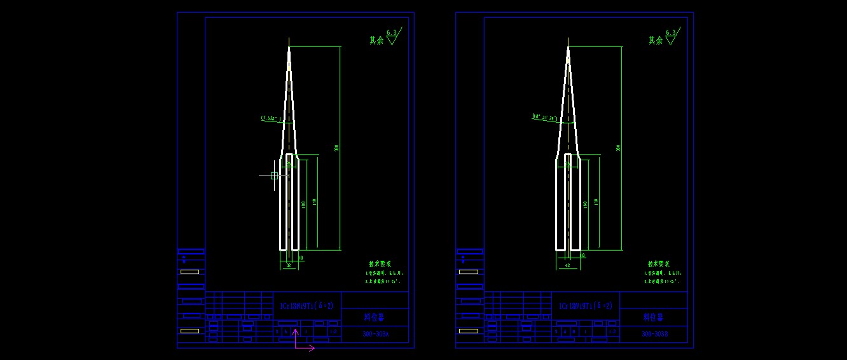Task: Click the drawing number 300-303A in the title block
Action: (375, 335)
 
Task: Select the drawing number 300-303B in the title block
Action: (654, 335)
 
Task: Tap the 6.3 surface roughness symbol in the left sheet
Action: (392, 36)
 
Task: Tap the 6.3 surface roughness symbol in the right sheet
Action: (671, 36)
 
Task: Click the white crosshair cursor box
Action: (275, 176)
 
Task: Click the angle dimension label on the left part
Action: (271, 118)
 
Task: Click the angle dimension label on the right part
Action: (545, 117)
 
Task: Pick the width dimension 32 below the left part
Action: (288, 265)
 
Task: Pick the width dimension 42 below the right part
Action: (567, 265)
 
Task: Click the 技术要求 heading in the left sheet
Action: (380, 263)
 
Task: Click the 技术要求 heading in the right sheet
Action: (659, 263)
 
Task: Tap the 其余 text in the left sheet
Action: (377, 40)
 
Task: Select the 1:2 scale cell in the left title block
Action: (333, 331)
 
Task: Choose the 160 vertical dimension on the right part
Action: (585, 204)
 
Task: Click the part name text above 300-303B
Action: (653, 317)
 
